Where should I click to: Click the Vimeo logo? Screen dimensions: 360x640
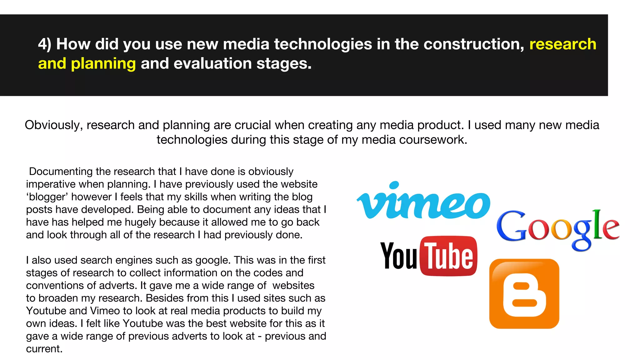tap(423, 202)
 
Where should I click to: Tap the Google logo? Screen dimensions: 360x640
tap(558, 228)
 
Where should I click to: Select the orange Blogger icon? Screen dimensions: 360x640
tap(524, 294)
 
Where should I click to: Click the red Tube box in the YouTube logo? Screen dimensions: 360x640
tap(449, 256)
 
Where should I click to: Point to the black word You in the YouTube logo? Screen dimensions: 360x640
tap(398, 256)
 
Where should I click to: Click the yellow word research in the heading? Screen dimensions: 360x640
tap(563, 44)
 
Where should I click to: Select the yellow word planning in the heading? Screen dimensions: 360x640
tap(103, 64)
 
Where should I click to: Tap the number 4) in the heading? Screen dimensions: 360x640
tap(44, 44)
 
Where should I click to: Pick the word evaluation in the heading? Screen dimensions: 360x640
tap(212, 64)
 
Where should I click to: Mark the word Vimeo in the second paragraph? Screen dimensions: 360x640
tap(105, 311)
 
